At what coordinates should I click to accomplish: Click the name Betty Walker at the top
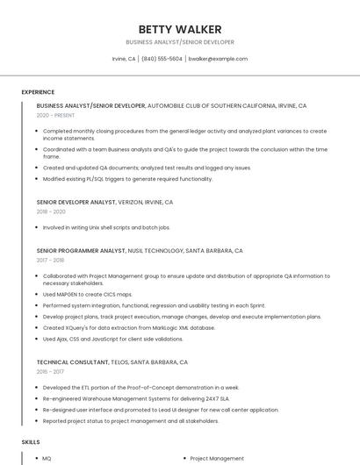[x=180, y=29]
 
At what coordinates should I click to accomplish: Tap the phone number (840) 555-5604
[x=162, y=59]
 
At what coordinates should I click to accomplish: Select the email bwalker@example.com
[x=218, y=59]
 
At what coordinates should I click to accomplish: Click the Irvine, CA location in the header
[x=124, y=59]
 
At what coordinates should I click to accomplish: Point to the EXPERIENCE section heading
[x=38, y=92]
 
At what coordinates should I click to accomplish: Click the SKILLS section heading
[x=31, y=442]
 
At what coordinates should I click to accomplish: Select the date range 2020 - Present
[x=55, y=115]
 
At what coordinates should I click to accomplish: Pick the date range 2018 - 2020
[x=51, y=211]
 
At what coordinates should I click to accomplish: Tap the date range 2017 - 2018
[x=50, y=260]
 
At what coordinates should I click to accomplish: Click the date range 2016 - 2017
[x=50, y=371]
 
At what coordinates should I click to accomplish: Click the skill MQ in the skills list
[x=47, y=458]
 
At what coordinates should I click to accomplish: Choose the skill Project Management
[x=217, y=458]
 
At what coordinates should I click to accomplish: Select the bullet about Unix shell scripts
[x=106, y=227]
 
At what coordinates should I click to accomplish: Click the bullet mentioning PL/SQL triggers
[x=127, y=178]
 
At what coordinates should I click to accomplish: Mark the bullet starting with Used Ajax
[x=112, y=339]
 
